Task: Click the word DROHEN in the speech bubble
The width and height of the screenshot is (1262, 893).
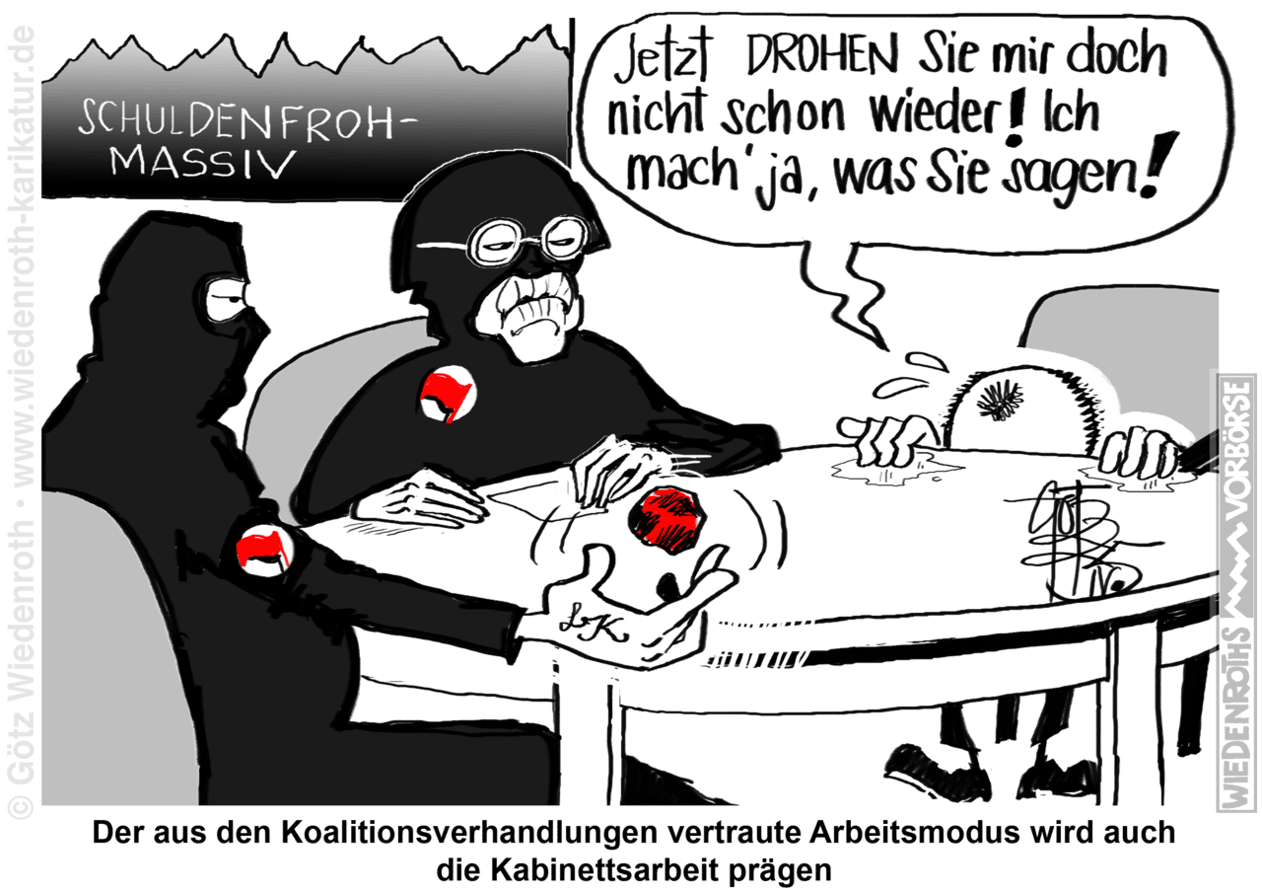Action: (x=822, y=58)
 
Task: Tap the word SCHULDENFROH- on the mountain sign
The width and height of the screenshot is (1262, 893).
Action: (x=247, y=120)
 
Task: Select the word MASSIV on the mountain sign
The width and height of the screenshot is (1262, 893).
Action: (x=203, y=163)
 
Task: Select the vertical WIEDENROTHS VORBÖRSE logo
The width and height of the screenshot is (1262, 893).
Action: (x=1236, y=592)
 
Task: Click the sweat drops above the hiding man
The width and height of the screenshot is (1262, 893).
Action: (x=908, y=375)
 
